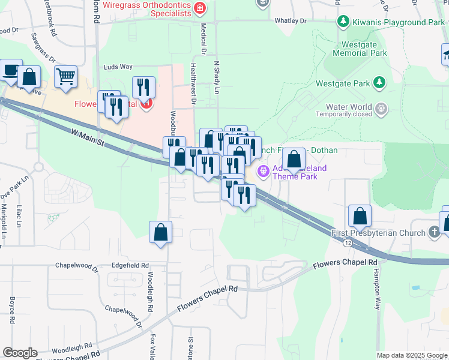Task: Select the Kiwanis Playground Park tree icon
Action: click(343, 22)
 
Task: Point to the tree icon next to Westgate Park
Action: click(379, 82)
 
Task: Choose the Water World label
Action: click(343, 108)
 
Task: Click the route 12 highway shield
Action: click(348, 242)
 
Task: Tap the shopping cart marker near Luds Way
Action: click(66, 76)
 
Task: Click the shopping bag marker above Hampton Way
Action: click(359, 216)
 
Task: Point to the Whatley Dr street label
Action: click(291, 20)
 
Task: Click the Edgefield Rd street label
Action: click(130, 265)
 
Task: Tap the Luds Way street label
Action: click(118, 67)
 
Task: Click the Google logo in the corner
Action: click(20, 353)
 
